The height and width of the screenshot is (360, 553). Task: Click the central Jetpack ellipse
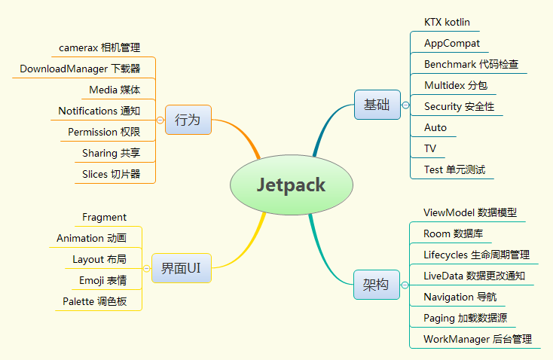point(292,185)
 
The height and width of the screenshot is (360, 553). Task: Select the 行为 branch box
point(188,120)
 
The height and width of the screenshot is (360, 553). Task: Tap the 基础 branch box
point(377,105)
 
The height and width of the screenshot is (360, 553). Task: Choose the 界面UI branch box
point(182,268)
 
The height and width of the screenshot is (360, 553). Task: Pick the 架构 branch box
point(377,285)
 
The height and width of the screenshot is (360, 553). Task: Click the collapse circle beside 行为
point(160,121)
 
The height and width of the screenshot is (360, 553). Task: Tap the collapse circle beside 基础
point(405,105)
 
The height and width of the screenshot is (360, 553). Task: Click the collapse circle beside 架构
point(405,285)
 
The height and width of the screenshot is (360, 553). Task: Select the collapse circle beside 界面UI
point(147,269)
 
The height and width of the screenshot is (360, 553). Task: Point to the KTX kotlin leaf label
point(447,22)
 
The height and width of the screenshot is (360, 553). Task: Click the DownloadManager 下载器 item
point(80,69)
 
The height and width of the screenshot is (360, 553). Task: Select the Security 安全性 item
point(459,106)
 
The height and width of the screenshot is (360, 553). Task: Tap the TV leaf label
point(430,148)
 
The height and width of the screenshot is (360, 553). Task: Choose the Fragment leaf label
point(104,217)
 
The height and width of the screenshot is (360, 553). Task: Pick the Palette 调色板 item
point(94,301)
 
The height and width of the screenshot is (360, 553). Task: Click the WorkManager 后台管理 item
point(478,339)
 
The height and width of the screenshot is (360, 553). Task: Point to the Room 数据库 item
point(454,233)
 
